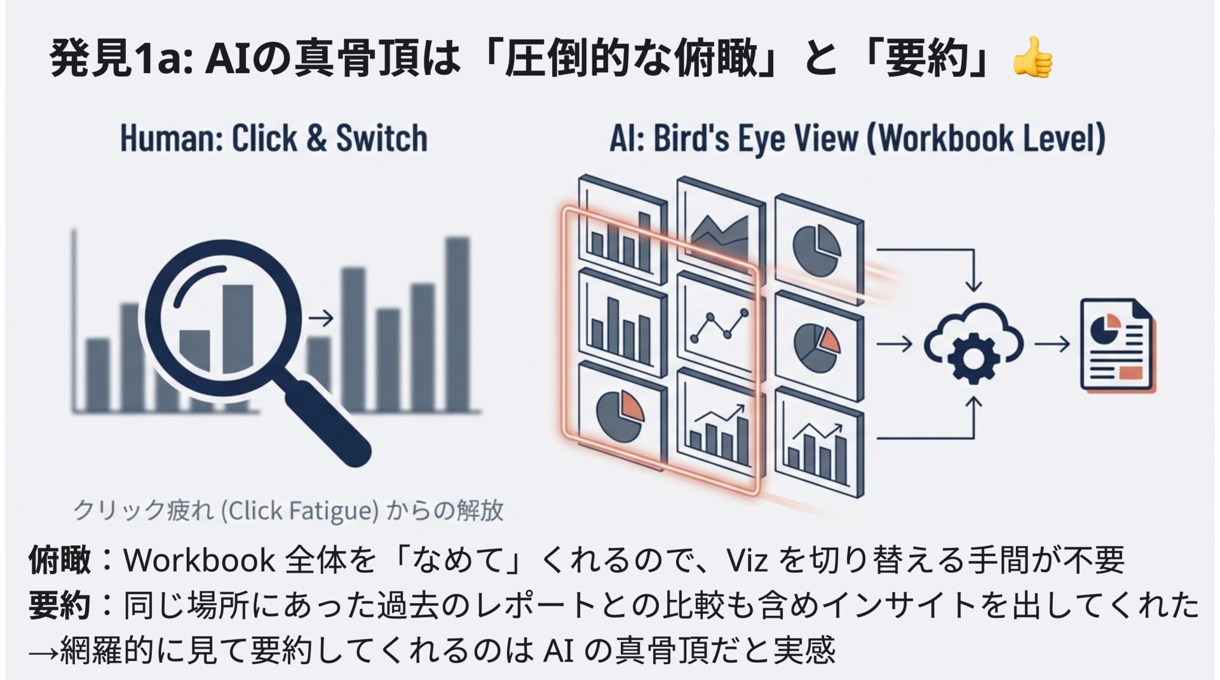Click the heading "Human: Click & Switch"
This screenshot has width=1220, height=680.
(x=274, y=138)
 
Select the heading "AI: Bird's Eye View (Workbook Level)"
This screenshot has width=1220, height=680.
(x=857, y=138)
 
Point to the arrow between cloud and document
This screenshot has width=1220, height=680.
(x=1052, y=344)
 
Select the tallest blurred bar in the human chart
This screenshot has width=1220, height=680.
(x=457, y=324)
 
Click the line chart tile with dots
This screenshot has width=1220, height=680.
(x=718, y=324)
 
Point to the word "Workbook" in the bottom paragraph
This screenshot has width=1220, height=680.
(x=199, y=560)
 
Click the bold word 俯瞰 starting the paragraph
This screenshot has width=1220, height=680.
(x=60, y=560)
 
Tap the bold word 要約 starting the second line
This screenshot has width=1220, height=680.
(x=60, y=606)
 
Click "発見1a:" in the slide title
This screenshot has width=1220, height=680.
(x=121, y=58)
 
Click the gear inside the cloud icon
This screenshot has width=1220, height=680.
(x=973, y=356)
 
